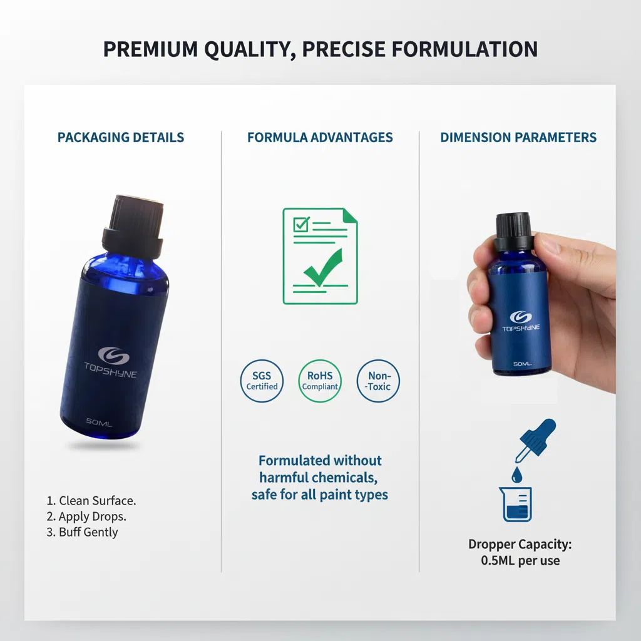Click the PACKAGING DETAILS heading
121,137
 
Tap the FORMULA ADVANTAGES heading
320,137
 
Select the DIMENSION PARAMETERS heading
518,137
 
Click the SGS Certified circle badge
262,381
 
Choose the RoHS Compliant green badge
320,381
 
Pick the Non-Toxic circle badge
378,381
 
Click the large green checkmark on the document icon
323,268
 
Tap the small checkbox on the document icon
301,225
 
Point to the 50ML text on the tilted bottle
99,422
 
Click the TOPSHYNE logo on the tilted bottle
111,362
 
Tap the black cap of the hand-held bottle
513,232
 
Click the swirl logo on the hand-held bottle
521,317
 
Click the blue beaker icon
516,504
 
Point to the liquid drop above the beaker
516,474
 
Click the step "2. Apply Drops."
86,516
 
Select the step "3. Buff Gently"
82,532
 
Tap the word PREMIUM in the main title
150,49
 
